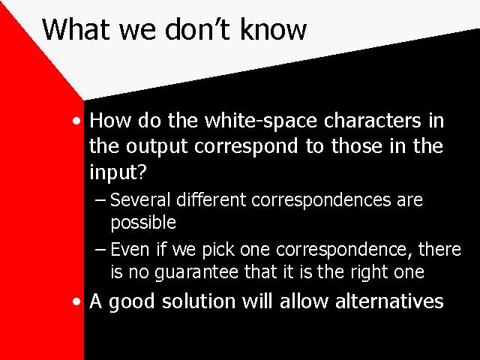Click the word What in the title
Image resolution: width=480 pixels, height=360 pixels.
coord(76,29)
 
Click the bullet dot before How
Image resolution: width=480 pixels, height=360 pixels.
coord(76,121)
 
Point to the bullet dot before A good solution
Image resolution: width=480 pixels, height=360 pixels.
coord(76,301)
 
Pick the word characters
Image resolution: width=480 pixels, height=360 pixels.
coord(373,121)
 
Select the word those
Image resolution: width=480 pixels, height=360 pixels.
coord(357,145)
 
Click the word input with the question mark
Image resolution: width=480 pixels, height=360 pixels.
coord(118,172)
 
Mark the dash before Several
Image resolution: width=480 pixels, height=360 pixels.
coord(100,200)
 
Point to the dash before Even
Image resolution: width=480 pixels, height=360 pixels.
coord(100,250)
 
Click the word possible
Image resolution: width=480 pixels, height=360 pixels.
coord(143,223)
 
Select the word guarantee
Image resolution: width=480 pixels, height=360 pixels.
coord(196,272)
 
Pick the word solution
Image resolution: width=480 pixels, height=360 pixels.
coord(199,301)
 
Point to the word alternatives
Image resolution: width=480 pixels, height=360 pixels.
coord(389,301)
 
